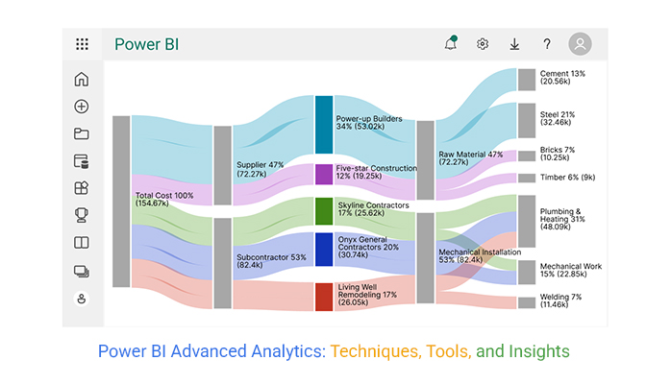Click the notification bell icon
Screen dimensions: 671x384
pyautogui.click(x=451, y=43)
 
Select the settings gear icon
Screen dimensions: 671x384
pyautogui.click(x=483, y=44)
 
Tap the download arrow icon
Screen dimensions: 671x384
pyautogui.click(x=514, y=44)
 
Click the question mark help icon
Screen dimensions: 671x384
pyautogui.click(x=546, y=44)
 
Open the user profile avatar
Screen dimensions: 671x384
pyautogui.click(x=580, y=43)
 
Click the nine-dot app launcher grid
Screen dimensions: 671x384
pyautogui.click(x=82, y=44)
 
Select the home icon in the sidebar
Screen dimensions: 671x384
pyautogui.click(x=82, y=79)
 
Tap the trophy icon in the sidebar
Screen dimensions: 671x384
pyautogui.click(x=82, y=215)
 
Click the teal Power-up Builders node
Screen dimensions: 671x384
pyautogui.click(x=324, y=124)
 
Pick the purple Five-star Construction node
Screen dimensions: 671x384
pyautogui.click(x=324, y=175)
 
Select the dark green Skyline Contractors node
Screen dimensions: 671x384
pyautogui.click(x=324, y=211)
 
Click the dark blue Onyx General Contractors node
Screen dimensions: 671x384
pyautogui.click(x=324, y=250)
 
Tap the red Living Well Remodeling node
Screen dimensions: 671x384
pyautogui.click(x=324, y=297)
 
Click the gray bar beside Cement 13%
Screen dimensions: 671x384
pyautogui.click(x=527, y=80)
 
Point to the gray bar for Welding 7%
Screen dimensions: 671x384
pyautogui.click(x=527, y=302)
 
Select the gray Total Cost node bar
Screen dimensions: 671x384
pyautogui.click(x=121, y=202)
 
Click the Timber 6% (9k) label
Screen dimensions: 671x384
pyautogui.click(x=567, y=178)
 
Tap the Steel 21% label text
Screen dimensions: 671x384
pyautogui.click(x=558, y=114)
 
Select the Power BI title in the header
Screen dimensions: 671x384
pyautogui.click(x=147, y=44)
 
